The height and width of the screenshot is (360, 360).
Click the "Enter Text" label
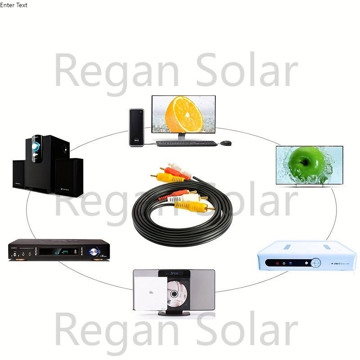coord(13,5)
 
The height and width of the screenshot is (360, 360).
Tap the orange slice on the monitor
coord(184,114)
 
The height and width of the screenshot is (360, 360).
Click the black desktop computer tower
coord(137,127)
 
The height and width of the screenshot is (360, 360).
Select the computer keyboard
coord(186,144)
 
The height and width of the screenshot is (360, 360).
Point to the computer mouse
coord(226,143)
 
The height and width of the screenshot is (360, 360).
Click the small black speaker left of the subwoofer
coord(19,175)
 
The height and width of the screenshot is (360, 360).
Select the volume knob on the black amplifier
coord(93,252)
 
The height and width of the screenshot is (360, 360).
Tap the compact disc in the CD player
coord(177,294)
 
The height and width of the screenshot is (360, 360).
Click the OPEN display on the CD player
coord(174,274)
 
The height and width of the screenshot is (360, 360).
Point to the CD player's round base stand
coord(174,313)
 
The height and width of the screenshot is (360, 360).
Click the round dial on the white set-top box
coord(316,263)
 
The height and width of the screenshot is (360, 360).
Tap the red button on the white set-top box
coord(277,263)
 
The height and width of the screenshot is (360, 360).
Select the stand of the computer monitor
coord(182,137)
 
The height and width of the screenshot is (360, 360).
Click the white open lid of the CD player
coord(151,293)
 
